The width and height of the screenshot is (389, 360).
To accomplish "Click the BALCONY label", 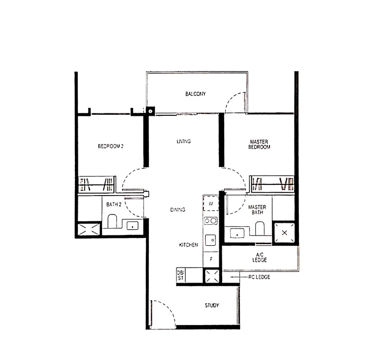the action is tap(195, 94).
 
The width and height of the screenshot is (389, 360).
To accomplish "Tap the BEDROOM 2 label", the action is tap(111, 146).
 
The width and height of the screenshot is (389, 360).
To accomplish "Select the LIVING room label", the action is tap(184, 141).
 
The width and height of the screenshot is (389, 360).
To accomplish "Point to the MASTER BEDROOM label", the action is tap(259, 144).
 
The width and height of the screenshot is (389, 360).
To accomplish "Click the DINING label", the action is tap(177, 210).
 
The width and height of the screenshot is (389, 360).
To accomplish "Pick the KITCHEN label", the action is tap(189, 245).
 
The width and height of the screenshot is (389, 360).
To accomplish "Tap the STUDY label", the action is tap(212, 306).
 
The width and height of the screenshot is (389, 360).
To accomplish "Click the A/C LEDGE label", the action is tap(260, 257).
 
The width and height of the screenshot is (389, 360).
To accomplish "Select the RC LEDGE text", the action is tap(259, 277).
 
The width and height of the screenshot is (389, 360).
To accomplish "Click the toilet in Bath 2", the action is tap(112, 221).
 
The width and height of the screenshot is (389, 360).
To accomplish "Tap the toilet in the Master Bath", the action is tap(260, 228).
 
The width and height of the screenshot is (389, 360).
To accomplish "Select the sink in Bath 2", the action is tap(133, 226).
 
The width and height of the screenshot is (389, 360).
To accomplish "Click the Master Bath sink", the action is tap(237, 234).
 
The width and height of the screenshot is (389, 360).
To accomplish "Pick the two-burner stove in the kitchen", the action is tap(211, 221).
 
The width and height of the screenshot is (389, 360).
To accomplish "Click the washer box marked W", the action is tap(211, 203).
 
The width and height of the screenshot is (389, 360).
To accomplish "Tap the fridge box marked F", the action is tap(211, 259).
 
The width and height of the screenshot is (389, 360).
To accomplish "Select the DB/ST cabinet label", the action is tap(180, 275).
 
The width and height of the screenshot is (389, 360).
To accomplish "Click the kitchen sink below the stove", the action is tap(211, 240).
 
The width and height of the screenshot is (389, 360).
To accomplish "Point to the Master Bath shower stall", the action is tap(284, 233).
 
